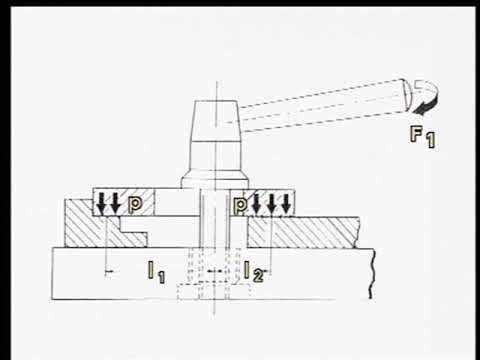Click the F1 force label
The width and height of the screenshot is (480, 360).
[x=423, y=137]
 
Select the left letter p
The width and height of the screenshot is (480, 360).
[x=135, y=205]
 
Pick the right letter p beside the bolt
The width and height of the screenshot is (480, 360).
[x=240, y=205]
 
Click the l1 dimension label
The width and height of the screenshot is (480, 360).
[x=156, y=272]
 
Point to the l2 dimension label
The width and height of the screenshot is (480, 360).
[x=253, y=271]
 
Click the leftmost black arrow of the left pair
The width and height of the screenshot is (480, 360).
[x=101, y=203]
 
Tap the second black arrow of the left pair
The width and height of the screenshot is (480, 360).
[x=115, y=203]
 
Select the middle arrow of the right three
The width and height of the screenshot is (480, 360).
[x=272, y=203]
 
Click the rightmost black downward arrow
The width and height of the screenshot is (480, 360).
[x=286, y=203]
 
